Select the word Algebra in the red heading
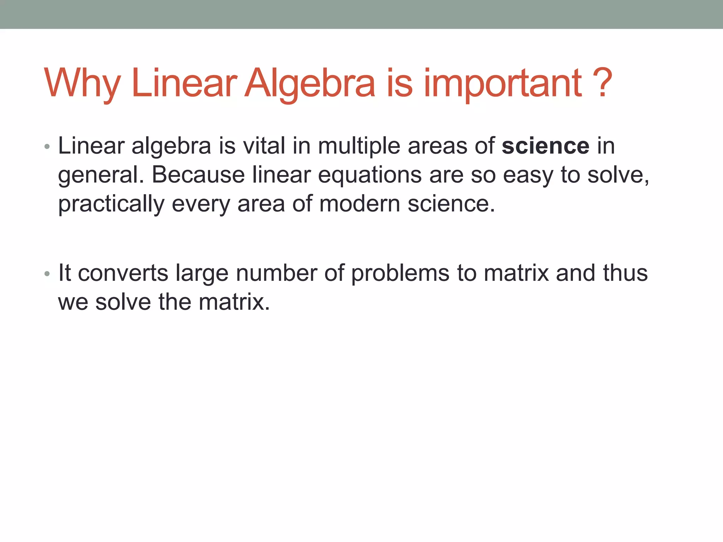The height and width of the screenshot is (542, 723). tap(310, 84)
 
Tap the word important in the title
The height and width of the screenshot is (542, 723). tap(503, 84)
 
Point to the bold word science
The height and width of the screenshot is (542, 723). tap(545, 146)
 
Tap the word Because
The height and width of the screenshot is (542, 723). tap(198, 175)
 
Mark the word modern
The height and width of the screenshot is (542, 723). tap(359, 204)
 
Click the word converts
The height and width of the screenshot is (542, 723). tap(123, 273)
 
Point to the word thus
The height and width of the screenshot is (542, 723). tap(625, 273)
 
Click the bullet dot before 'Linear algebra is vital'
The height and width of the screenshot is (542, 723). tap(47, 146)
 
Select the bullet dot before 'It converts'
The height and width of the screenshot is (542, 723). tap(47, 274)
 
